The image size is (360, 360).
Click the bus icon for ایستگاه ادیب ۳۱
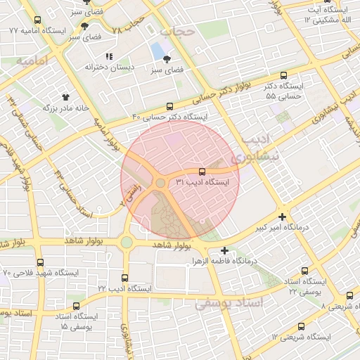pos(202,171)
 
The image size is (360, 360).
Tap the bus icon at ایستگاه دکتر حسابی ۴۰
pos(168,106)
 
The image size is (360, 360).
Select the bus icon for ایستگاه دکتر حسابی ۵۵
pos(284,75)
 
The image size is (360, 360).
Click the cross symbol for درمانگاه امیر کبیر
pos(282,217)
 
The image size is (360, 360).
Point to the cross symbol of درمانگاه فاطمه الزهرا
pos(224,250)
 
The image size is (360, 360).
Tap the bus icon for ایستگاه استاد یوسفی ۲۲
pos(304,271)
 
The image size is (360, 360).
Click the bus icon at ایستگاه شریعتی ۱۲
pos(302,327)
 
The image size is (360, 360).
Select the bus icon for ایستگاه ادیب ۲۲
pos(125,278)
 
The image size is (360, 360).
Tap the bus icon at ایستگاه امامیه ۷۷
pos(37,20)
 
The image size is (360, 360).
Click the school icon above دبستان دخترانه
pos(108,56)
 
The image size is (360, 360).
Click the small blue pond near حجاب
pos(155,51)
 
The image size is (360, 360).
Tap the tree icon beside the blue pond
pos(167,60)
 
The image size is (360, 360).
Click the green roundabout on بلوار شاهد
pos(126,243)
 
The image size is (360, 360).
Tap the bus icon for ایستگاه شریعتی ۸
pos(350,295)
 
